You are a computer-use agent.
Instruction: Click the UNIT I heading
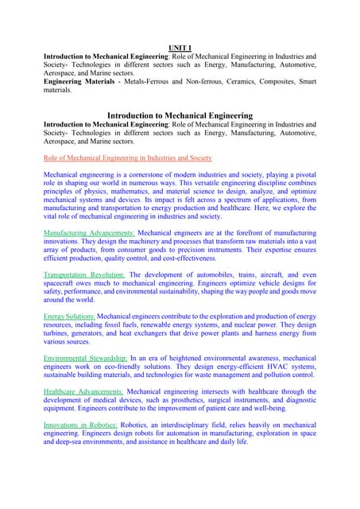[179, 48]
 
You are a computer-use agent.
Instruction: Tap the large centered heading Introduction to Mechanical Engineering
[180, 115]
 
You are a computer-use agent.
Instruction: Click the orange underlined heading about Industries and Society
[128, 157]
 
